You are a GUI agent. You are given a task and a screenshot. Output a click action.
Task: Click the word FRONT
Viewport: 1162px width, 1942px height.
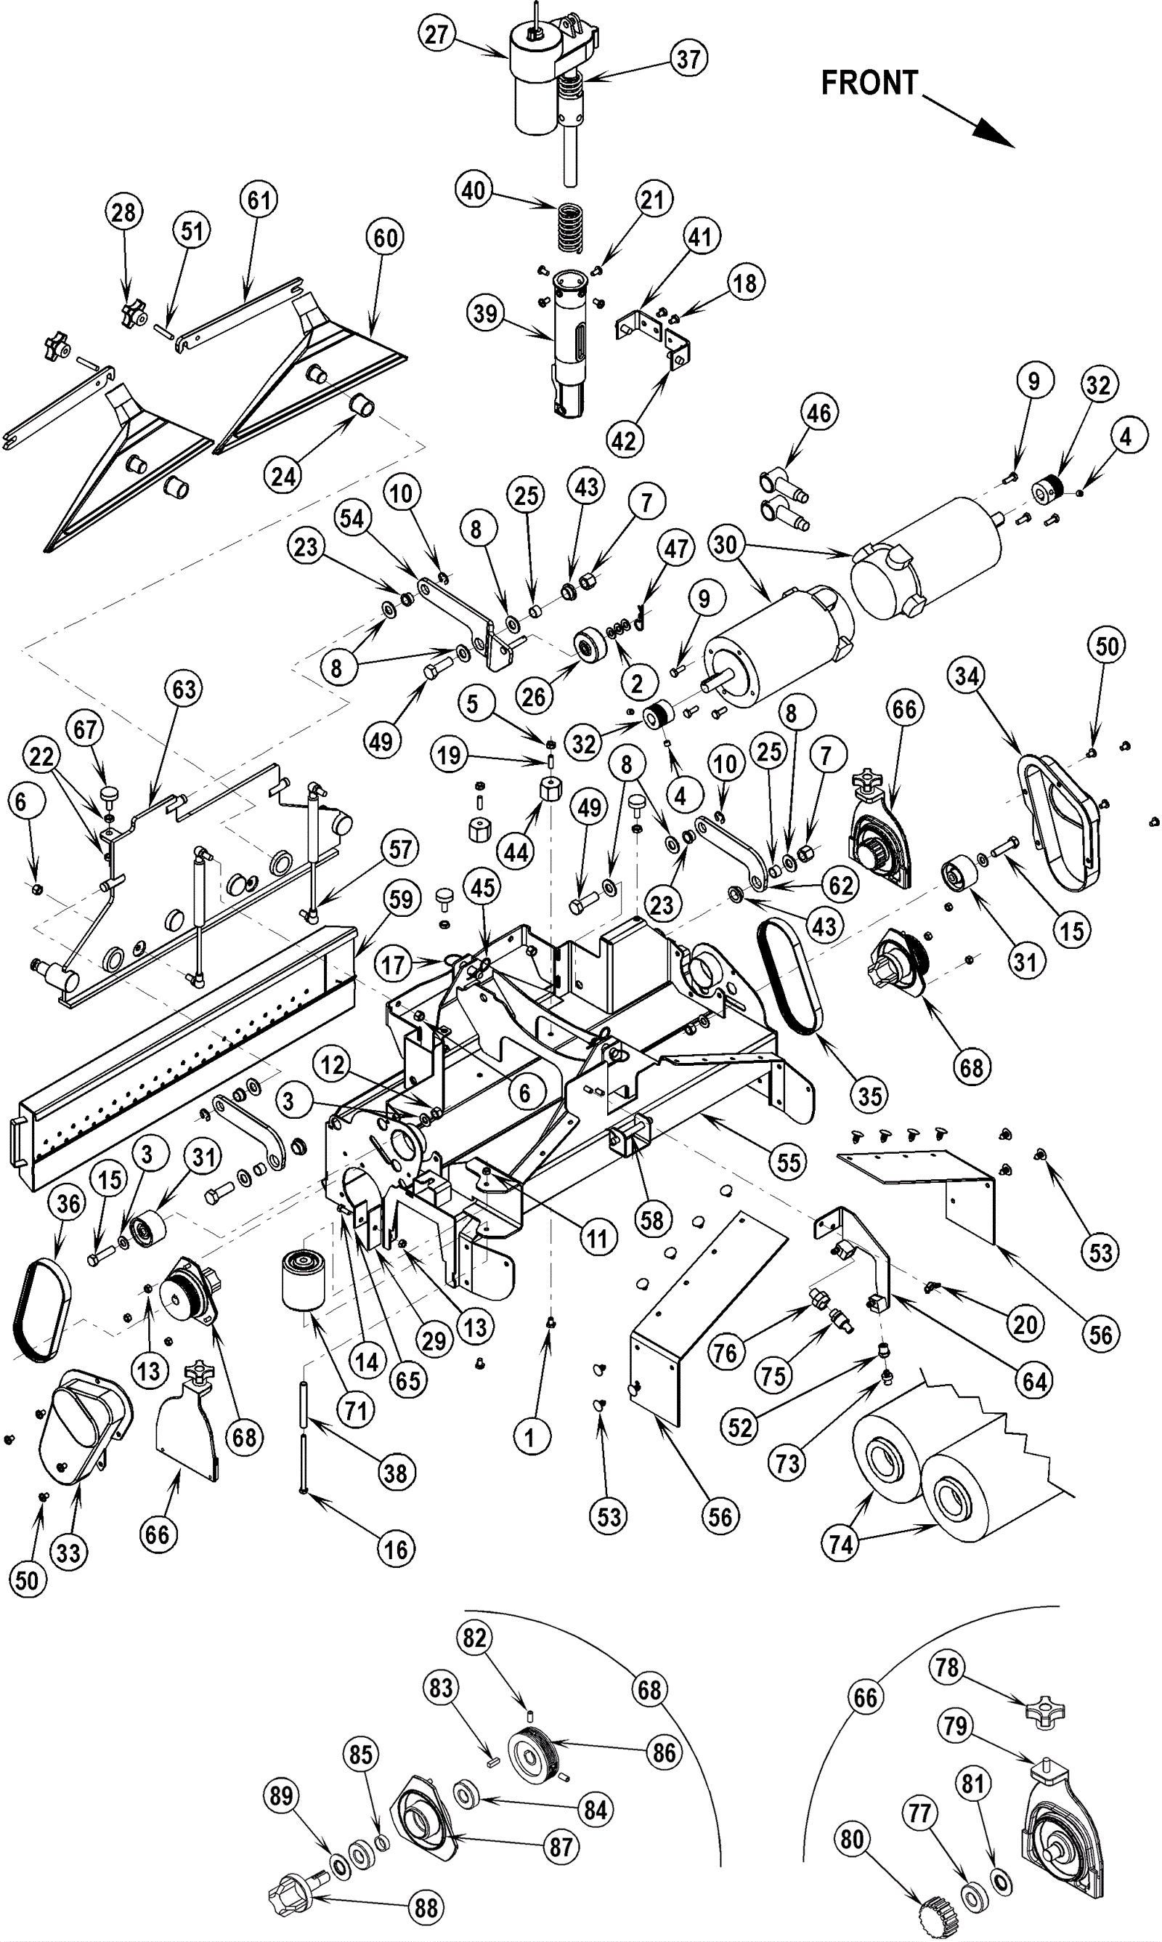pyautogui.click(x=869, y=82)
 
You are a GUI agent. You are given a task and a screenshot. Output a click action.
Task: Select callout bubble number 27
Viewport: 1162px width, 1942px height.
pyautogui.click(x=436, y=33)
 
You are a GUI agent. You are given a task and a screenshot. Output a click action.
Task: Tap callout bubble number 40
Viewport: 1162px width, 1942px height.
pyautogui.click(x=474, y=190)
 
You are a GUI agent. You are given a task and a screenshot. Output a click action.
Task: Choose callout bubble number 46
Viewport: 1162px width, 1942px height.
pyautogui.click(x=818, y=413)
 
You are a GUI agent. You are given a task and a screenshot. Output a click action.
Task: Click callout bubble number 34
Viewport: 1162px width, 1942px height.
pyautogui.click(x=967, y=676)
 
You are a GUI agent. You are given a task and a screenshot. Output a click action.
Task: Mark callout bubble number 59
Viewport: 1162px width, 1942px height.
pyautogui.click(x=400, y=899)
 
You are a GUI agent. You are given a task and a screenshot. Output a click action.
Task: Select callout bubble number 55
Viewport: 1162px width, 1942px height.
pyautogui.click(x=788, y=1162)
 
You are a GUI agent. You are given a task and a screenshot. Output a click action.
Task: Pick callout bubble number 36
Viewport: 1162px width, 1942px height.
pyautogui.click(x=68, y=1204)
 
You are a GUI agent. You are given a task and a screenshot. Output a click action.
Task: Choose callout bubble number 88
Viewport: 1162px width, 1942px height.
pyautogui.click(x=426, y=1908)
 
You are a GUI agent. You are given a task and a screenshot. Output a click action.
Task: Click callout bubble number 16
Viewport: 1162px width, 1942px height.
pyautogui.click(x=395, y=1549)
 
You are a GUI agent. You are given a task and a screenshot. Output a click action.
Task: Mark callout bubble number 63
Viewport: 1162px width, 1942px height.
pyautogui.click(x=184, y=689)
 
